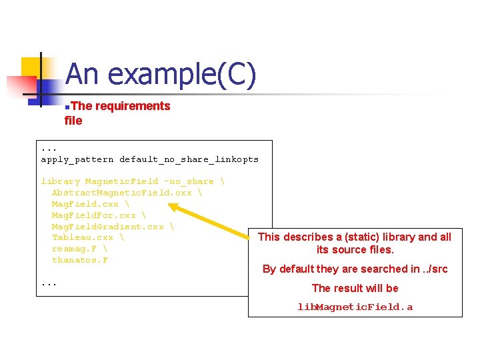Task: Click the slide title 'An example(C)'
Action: [x=160, y=75]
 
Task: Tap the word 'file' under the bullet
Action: [x=73, y=121]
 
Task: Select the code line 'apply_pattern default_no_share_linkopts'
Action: [x=149, y=159]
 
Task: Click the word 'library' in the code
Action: [x=60, y=181]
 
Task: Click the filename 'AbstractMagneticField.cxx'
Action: [x=121, y=193]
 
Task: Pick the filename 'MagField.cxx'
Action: [x=85, y=204]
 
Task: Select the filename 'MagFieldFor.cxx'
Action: [x=93, y=215]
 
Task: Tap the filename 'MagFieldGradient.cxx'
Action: [x=107, y=227]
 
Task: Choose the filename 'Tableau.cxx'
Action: [x=83, y=237]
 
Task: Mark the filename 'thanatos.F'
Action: [x=79, y=260]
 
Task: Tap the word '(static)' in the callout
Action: [x=376, y=237]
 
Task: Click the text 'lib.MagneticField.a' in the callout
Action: [x=355, y=307]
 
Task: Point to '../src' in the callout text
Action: [x=435, y=269]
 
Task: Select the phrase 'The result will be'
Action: [x=355, y=288]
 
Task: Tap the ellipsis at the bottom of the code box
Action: [x=49, y=283]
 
